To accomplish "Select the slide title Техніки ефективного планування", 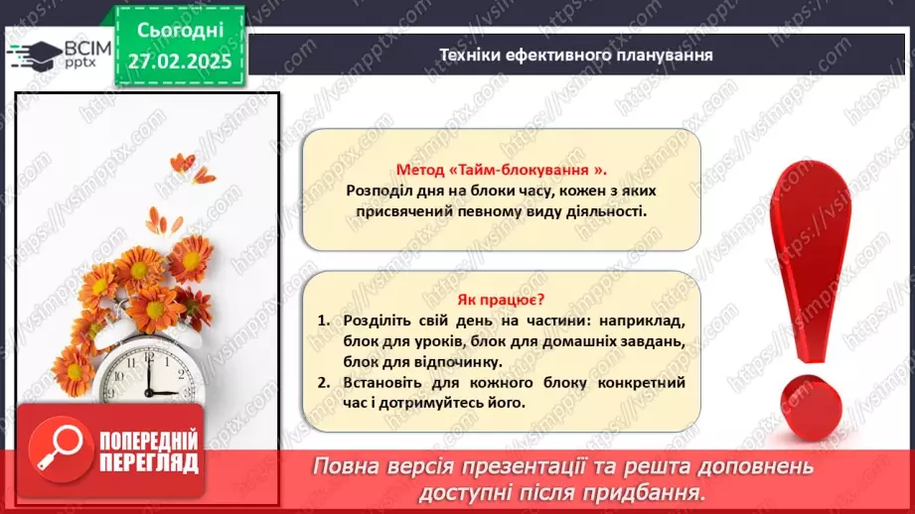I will click(576, 55).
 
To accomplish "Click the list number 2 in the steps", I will click(323, 383).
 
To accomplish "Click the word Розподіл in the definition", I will click(381, 190).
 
